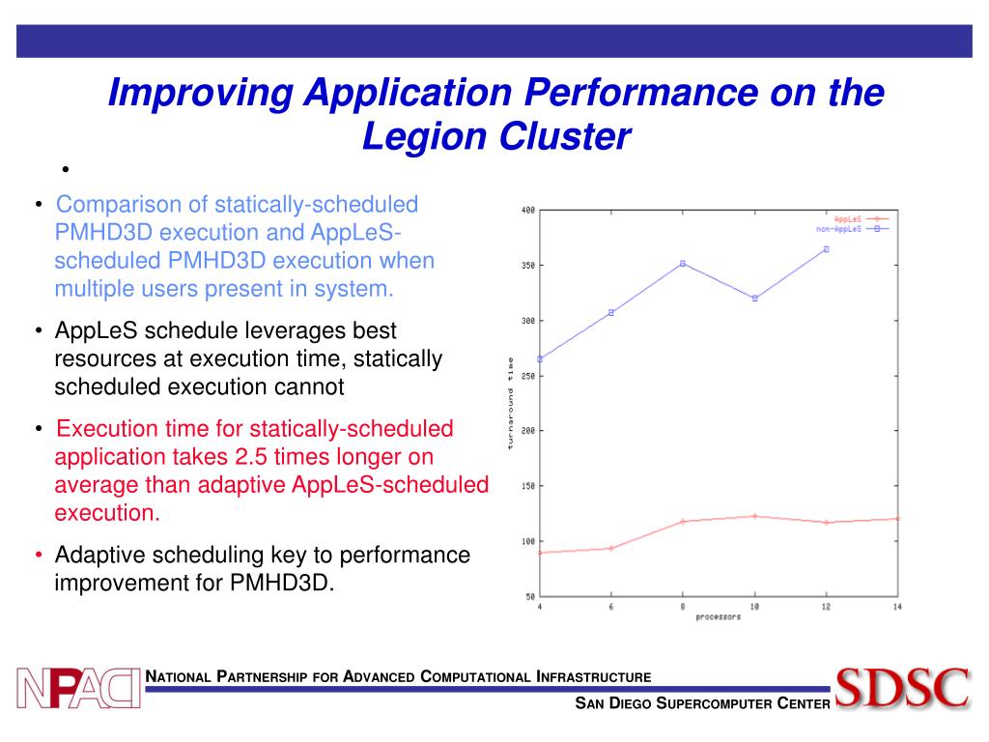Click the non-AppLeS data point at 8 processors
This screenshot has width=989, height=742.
click(x=683, y=263)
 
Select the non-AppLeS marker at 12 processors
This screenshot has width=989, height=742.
click(x=826, y=249)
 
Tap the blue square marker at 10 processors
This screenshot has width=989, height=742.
click(x=754, y=298)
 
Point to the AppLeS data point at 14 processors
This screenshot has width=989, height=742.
click(x=897, y=519)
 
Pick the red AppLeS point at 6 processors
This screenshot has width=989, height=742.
click(x=611, y=548)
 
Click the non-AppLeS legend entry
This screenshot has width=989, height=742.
click(x=851, y=229)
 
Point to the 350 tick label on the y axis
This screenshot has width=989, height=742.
click(x=527, y=266)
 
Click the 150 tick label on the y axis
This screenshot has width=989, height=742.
click(x=527, y=486)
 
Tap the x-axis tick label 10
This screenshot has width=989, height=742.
click(x=754, y=607)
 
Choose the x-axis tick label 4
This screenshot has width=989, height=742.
click(x=540, y=607)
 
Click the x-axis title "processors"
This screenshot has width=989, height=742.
click(x=718, y=616)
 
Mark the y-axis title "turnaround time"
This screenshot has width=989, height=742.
click(x=510, y=403)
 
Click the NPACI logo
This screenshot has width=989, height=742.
click(x=78, y=687)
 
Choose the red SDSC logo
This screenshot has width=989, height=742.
click(x=902, y=687)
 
